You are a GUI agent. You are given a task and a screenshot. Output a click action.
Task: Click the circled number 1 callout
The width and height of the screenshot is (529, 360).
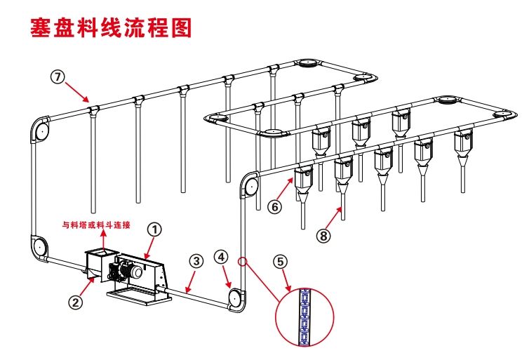click(154, 229)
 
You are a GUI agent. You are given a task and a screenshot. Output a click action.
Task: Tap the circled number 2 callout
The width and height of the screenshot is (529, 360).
click(76, 302)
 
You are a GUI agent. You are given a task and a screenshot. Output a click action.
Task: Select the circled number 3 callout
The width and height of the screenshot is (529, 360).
click(196, 260)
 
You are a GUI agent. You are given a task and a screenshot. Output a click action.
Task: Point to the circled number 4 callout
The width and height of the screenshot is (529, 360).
click(221, 258)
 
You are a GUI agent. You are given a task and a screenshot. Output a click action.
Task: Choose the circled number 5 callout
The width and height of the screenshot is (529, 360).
click(280, 262)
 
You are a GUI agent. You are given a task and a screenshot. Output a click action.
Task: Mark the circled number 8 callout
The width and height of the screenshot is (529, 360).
click(323, 236)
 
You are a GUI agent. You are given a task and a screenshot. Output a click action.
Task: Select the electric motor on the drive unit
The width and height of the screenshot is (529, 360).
click(130, 269)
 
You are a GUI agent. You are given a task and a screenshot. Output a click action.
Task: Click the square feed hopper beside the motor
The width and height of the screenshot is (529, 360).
click(98, 265)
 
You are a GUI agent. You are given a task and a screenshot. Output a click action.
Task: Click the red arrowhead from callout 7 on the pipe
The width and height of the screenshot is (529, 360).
click(87, 100)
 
